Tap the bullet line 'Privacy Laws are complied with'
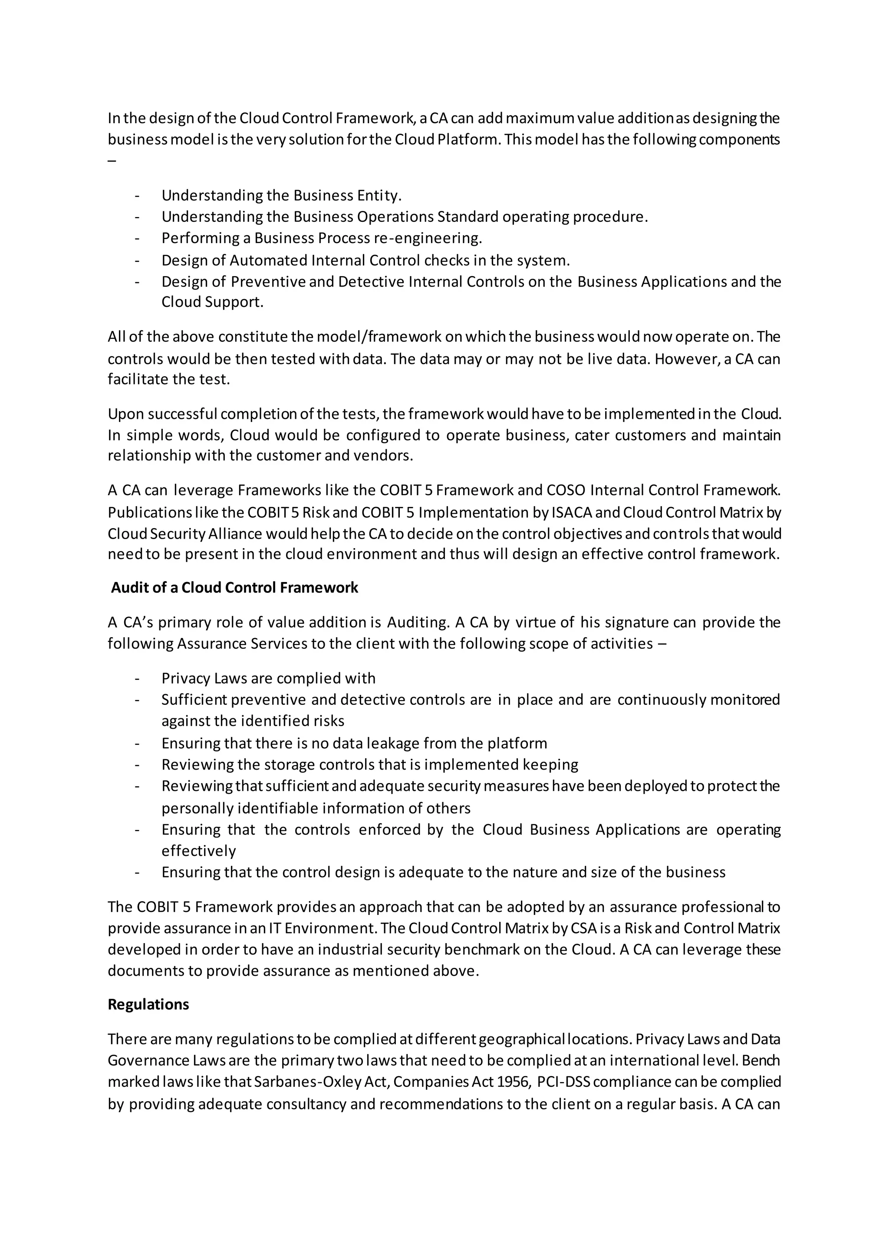point(268,678)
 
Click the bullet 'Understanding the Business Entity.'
point(281,195)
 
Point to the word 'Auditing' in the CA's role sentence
point(418,622)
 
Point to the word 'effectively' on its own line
point(199,851)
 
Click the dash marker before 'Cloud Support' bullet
point(136,282)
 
